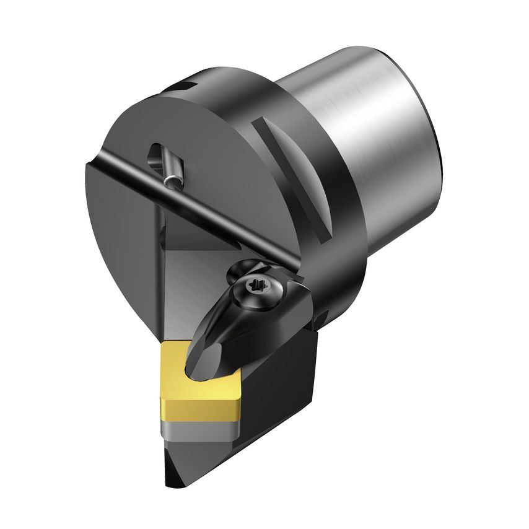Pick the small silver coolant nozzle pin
[x=173, y=180]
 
